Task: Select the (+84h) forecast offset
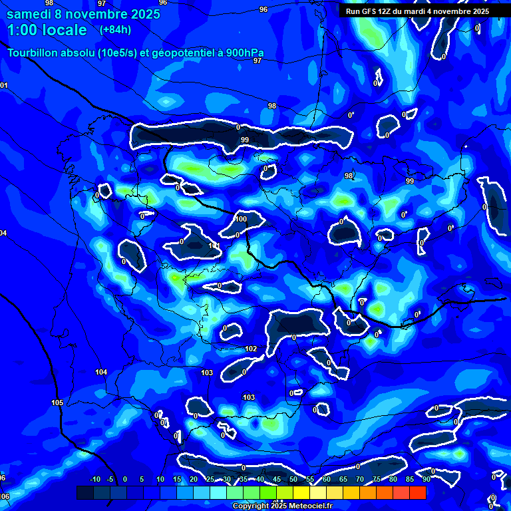(115, 30)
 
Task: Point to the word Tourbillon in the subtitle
(34, 53)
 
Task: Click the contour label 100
(240, 219)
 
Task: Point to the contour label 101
(214, 246)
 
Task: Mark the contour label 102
(251, 349)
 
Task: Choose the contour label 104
(101, 372)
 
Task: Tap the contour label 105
(57, 403)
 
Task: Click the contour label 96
(263, 9)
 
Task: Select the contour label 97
(257, 61)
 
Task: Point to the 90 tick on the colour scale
(426, 479)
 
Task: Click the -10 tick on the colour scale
(94, 479)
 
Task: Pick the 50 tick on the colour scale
(293, 479)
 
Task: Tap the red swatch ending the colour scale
(417, 492)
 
